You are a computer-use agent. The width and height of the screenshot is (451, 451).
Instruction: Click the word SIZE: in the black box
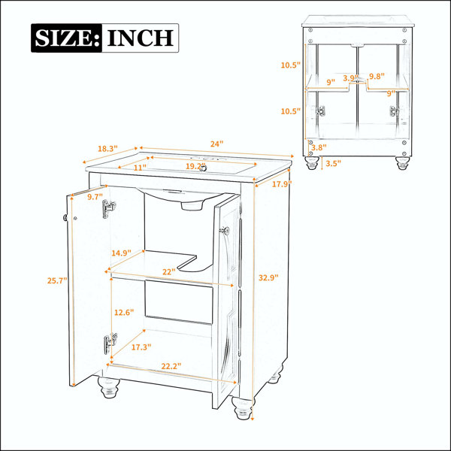click(68, 38)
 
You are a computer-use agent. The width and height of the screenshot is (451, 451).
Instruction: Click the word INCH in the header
click(141, 38)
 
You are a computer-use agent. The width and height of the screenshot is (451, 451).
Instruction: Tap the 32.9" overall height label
click(268, 278)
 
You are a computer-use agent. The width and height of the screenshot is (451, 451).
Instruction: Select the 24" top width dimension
click(216, 144)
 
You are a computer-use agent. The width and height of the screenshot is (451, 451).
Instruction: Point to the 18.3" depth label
click(107, 149)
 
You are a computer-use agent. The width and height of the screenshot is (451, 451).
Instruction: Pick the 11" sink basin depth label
click(140, 167)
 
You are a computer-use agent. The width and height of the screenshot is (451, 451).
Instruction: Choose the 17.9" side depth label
click(282, 184)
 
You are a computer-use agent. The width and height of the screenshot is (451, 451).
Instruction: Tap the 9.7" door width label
click(95, 197)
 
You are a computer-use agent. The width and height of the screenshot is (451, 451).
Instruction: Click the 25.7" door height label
click(57, 280)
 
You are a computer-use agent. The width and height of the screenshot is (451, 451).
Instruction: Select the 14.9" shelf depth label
click(121, 253)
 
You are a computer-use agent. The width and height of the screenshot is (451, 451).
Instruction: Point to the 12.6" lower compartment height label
click(124, 313)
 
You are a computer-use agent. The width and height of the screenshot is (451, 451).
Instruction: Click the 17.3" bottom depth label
click(141, 347)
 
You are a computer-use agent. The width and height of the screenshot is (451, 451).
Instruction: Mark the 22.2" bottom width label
click(171, 366)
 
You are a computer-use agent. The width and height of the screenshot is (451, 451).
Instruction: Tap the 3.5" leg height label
click(333, 163)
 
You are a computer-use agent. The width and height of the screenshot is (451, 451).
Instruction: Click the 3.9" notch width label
click(350, 78)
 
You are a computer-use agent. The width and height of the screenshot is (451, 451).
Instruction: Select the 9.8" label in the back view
click(377, 76)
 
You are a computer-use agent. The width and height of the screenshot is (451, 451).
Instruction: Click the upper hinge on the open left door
click(109, 208)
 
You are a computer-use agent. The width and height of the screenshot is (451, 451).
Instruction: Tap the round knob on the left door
click(65, 218)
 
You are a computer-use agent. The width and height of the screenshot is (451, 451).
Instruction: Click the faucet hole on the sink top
click(203, 168)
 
